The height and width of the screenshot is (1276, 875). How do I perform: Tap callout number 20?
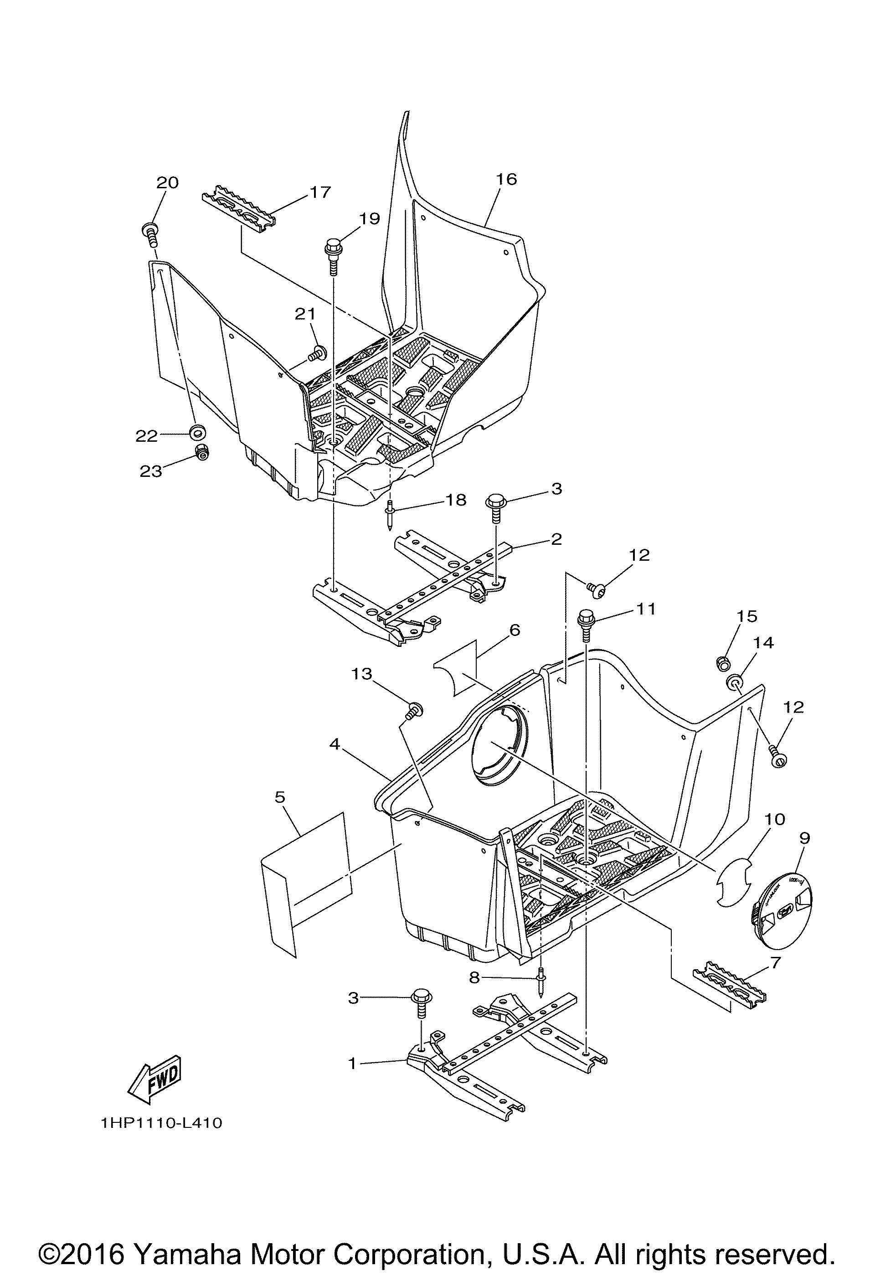tap(167, 182)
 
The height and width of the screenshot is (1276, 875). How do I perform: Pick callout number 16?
tap(506, 180)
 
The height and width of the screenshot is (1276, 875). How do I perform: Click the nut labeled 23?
tap(202, 452)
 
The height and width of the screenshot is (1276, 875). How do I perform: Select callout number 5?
tap(280, 797)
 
